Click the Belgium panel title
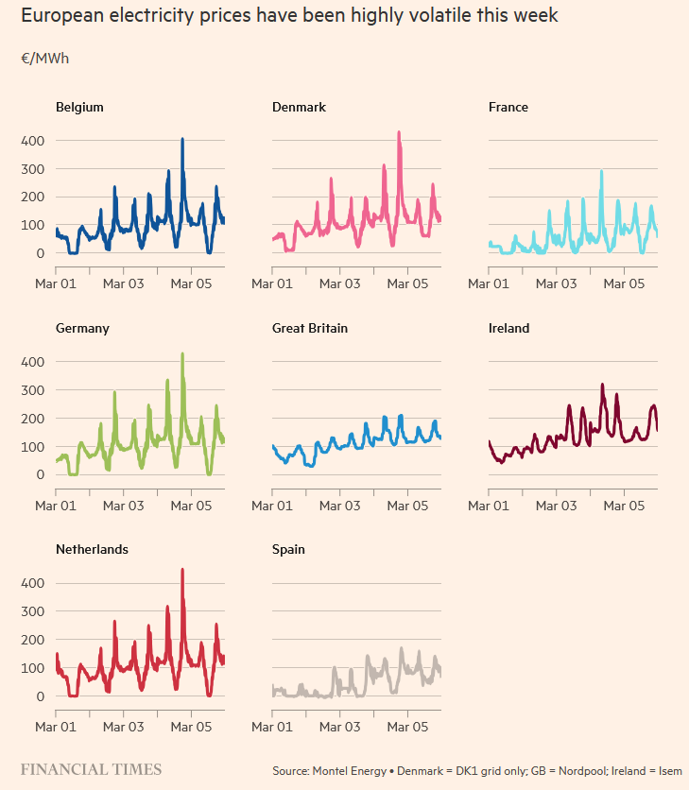click(x=79, y=108)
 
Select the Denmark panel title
click(x=299, y=108)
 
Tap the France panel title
click(x=508, y=108)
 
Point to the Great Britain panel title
click(x=310, y=329)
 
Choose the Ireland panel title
click(x=508, y=329)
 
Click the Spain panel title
click(x=288, y=550)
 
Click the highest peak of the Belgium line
click(x=182, y=140)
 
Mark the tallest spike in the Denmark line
click(x=399, y=133)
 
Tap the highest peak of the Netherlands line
click(x=182, y=571)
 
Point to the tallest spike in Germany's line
click(x=182, y=354)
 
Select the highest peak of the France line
click(x=601, y=172)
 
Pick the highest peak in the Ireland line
click(x=602, y=386)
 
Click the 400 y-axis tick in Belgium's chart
click(x=33, y=141)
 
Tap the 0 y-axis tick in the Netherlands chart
click(x=39, y=696)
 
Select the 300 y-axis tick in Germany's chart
click(x=33, y=390)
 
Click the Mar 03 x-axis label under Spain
click(x=339, y=727)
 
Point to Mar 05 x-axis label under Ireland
click(x=623, y=506)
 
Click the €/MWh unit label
click(x=44, y=59)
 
